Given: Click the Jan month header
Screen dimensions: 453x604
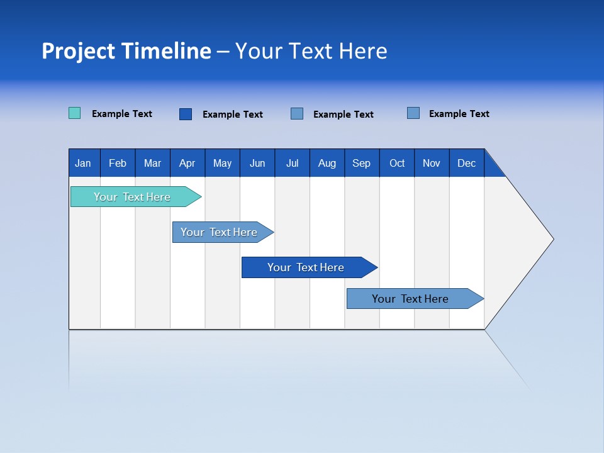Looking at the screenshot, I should point(84,163).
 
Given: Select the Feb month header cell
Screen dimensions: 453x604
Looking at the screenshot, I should point(118,163).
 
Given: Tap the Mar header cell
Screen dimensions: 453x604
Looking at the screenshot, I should point(152,163).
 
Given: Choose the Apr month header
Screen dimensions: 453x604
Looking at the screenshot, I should point(187,163).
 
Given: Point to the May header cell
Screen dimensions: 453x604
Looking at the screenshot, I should point(222,163).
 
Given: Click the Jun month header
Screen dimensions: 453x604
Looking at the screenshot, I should point(257,163).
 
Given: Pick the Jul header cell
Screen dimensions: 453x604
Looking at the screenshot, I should point(292,163).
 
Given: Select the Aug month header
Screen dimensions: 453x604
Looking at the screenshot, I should point(327,163).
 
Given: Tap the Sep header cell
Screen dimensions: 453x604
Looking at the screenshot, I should point(362,163).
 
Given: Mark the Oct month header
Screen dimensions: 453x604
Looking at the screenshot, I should point(397,163).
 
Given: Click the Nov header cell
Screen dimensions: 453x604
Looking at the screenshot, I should point(432,163).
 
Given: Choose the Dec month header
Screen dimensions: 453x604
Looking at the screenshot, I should point(467,163).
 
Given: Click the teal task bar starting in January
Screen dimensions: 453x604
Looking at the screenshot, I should point(133,197).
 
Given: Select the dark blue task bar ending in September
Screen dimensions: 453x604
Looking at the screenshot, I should point(306,267).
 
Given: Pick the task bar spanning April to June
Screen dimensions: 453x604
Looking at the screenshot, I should point(220,232).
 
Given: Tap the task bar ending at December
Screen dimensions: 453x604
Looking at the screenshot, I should point(411,299).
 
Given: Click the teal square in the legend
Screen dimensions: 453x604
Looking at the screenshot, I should point(75,113).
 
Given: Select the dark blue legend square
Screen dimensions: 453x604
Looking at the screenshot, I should point(186,114).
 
